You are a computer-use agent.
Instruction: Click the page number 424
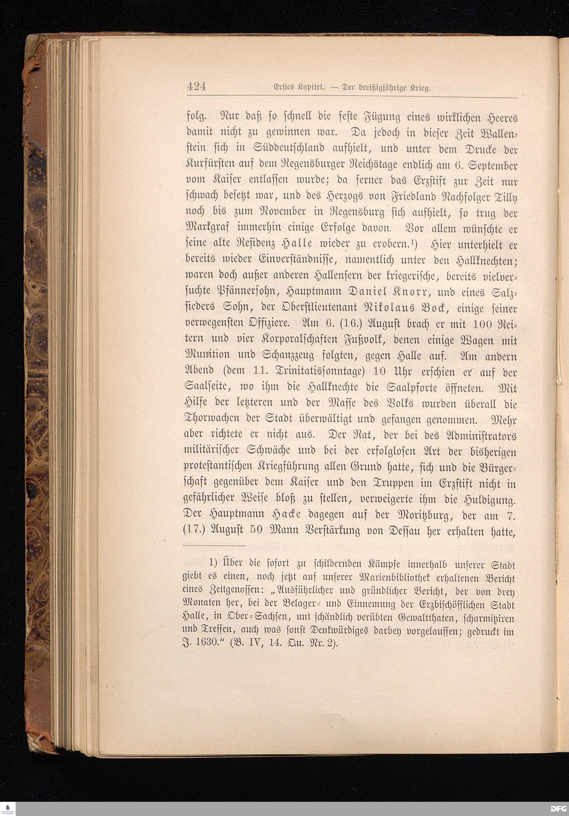tap(197, 87)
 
